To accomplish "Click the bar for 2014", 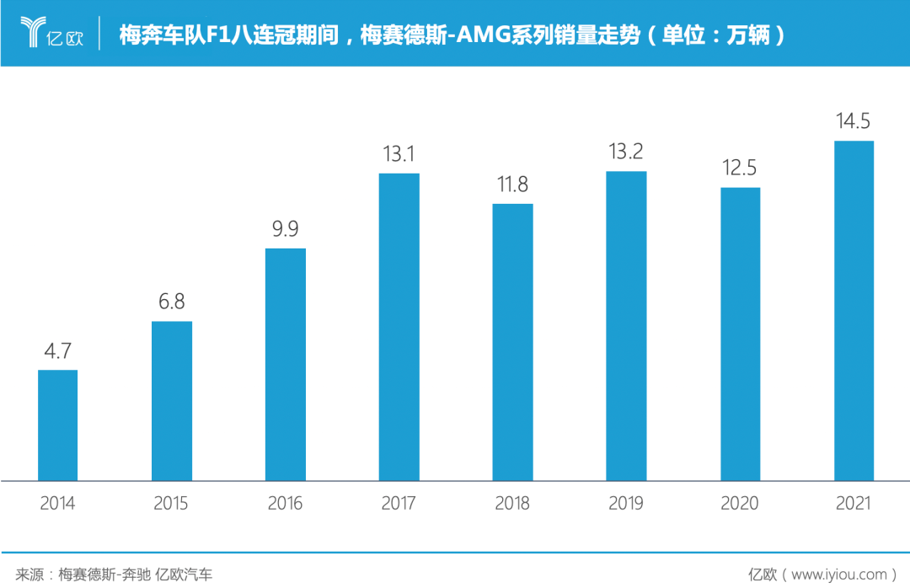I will [x=58, y=425].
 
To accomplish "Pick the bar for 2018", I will [x=512, y=342].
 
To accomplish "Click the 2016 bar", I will [x=286, y=364].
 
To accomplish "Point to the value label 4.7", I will [x=58, y=350].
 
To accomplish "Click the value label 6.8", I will [x=172, y=302].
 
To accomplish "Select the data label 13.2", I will [x=626, y=152].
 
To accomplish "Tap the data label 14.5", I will [x=854, y=121].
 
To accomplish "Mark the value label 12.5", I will [x=740, y=168].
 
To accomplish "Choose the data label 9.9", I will [x=286, y=229].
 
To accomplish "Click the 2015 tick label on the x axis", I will [x=172, y=504].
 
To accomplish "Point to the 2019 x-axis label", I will [x=626, y=504].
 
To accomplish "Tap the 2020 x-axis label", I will [x=740, y=504].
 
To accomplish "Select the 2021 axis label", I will [x=854, y=504].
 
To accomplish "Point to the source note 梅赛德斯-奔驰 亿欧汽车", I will [x=135, y=575].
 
